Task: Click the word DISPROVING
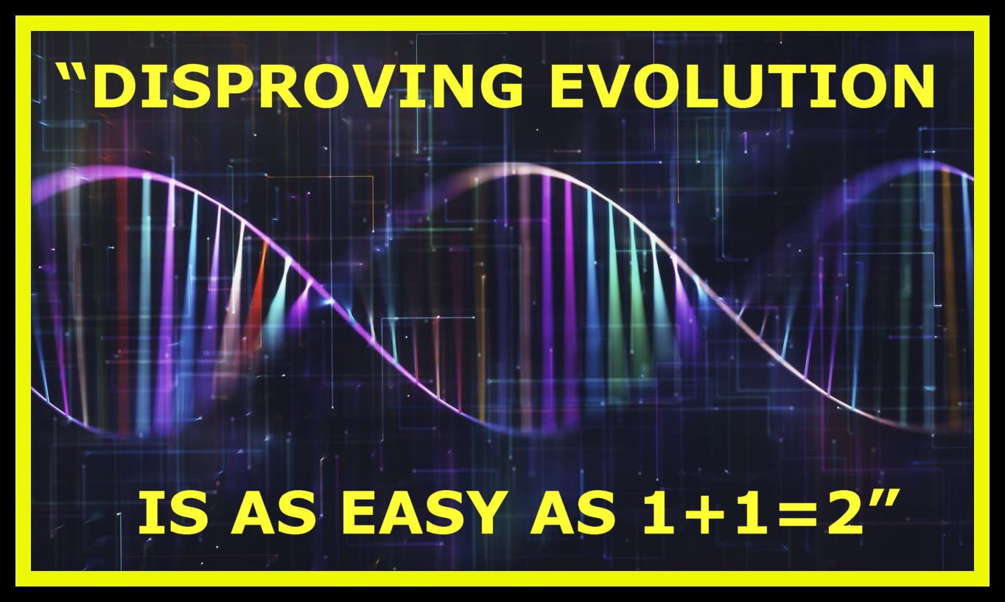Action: pos(307,85)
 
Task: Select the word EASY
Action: pos(424,513)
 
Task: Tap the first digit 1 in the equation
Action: pos(662,513)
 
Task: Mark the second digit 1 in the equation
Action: pos(754,513)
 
